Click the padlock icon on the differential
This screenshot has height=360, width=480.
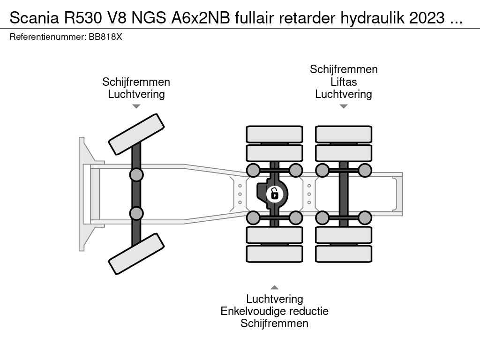[x=275, y=193]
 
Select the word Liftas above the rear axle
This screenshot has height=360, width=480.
[x=343, y=82]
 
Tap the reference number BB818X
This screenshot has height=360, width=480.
[x=105, y=37]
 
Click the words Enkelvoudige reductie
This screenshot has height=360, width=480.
[x=274, y=311]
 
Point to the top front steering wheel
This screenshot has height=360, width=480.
[x=136, y=134]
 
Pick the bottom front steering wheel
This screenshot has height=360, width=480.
[x=136, y=254]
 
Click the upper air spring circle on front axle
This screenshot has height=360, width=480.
[x=136, y=175]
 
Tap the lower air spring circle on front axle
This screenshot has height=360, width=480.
[x=136, y=213]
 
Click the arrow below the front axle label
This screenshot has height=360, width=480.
[x=136, y=106]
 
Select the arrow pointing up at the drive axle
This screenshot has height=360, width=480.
[x=275, y=287]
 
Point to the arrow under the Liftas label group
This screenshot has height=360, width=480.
[x=344, y=106]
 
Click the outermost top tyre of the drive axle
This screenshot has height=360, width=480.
[x=275, y=134]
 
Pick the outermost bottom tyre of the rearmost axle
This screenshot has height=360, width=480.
[x=344, y=254]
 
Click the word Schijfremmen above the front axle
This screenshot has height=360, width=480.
[x=136, y=82]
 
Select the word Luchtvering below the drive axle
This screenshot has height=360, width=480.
[x=274, y=299]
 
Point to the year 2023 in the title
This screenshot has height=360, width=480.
[x=426, y=18]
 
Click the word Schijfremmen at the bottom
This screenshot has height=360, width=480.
[x=274, y=323]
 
